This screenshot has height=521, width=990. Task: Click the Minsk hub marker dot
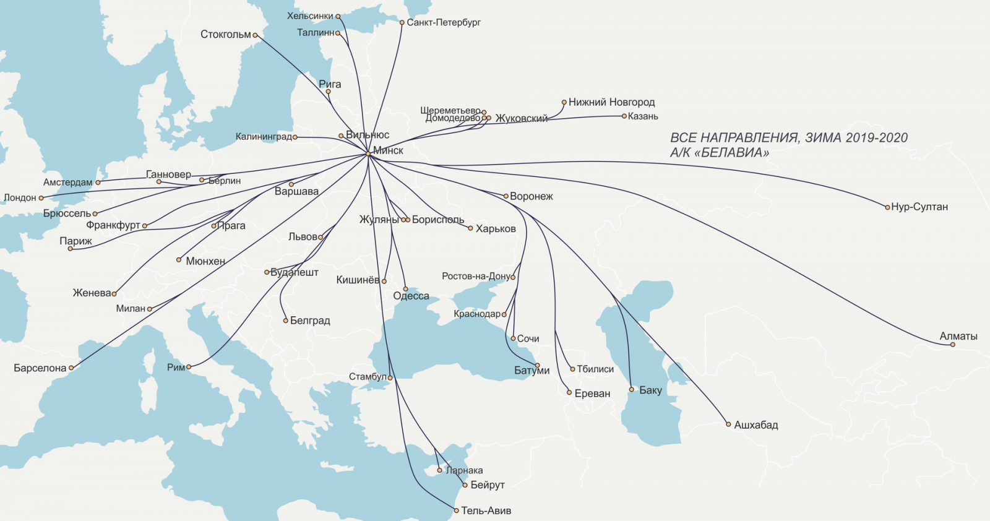[x=368, y=153]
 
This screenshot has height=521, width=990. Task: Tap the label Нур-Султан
[x=919, y=207]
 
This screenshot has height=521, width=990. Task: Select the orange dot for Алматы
[x=953, y=345]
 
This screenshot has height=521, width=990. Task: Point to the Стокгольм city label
[x=225, y=35]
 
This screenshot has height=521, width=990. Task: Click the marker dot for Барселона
[x=71, y=368]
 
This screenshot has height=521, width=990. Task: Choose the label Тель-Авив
[x=486, y=511]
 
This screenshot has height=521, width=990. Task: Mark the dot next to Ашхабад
[x=729, y=424]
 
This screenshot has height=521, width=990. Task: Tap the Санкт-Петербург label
[x=444, y=22]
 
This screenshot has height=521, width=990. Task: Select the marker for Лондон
[x=41, y=198]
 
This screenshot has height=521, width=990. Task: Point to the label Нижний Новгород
[x=611, y=102]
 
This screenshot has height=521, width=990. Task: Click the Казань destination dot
[x=624, y=116]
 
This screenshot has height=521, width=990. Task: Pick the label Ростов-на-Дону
[x=475, y=276]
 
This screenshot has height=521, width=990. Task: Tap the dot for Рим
[x=189, y=367]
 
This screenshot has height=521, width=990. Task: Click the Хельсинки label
[x=310, y=16]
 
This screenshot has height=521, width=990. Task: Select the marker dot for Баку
[x=632, y=390]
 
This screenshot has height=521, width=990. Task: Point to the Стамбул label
[x=368, y=377]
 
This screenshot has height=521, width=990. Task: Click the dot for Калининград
[x=295, y=137]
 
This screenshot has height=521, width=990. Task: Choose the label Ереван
[x=592, y=394]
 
